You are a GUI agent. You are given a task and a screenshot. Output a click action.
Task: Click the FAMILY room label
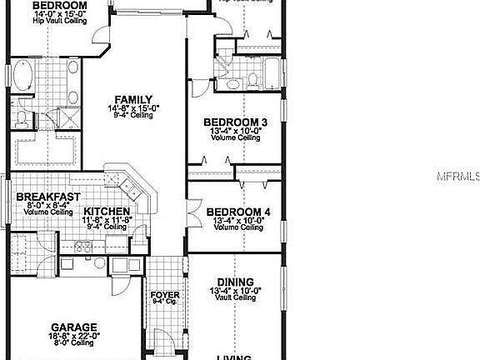coord(132,99)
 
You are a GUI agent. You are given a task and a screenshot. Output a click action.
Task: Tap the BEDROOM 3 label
coord(234,122)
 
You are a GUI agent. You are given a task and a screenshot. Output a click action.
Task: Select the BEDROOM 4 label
coord(237,212)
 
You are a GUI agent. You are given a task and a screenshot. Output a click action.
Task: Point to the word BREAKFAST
coord(47,197)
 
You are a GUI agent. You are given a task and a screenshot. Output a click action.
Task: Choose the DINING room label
coord(234,282)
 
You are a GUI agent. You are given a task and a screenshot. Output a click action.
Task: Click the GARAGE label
coord(74,327)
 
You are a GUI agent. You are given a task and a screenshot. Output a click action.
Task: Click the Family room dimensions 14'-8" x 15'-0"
coord(132,108)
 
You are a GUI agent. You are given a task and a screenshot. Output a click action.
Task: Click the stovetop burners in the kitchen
coord(82,246)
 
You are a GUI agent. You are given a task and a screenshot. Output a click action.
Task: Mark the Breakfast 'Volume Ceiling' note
coord(47,212)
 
